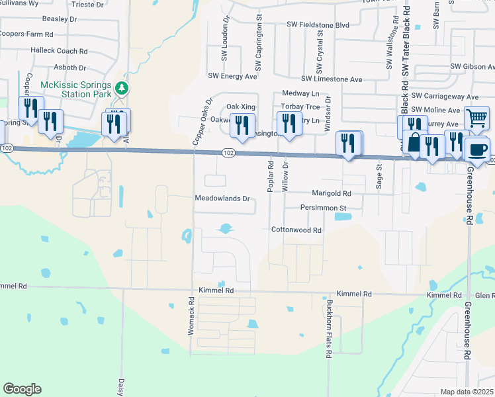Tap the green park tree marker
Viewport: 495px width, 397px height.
tap(121, 87)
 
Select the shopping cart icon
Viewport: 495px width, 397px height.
tap(476, 118)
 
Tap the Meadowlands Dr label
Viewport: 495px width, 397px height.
tap(222, 198)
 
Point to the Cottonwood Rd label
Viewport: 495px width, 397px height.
tap(296, 230)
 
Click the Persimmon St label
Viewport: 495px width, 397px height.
tap(324, 208)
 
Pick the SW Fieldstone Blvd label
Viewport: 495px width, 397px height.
tap(318, 24)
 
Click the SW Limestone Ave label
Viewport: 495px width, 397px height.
tap(332, 79)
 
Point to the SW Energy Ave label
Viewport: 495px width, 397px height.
tap(232, 77)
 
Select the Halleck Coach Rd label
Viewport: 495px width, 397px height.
tap(59, 51)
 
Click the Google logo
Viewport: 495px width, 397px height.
tap(22, 389)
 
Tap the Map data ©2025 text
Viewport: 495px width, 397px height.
tap(467, 392)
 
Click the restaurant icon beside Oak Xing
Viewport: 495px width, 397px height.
tap(243, 123)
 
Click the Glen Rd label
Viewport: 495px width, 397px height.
tap(485, 295)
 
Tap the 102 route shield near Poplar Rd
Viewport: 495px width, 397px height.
tap(228, 154)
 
